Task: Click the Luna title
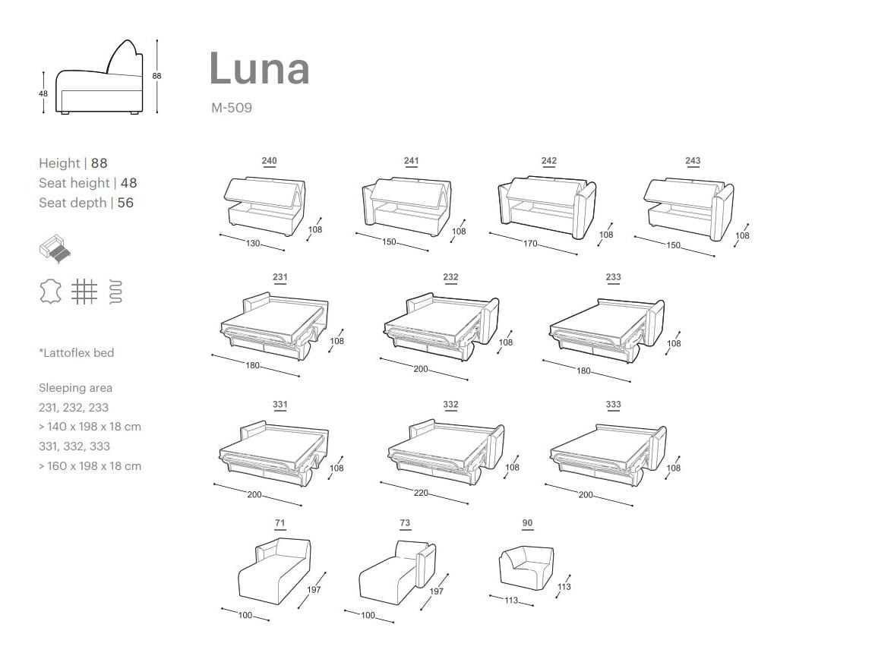(259, 68)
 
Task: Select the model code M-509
(232, 108)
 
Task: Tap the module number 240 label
(269, 161)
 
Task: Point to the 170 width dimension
(530, 244)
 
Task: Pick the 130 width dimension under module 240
(252, 244)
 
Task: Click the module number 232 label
(450, 278)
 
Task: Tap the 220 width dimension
(421, 493)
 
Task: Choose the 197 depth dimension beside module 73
(436, 591)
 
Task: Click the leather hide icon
(50, 291)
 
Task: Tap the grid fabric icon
(84, 291)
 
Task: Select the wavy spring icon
(115, 291)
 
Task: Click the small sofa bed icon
(55, 248)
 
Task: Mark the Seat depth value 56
(125, 203)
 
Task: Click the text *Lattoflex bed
(76, 353)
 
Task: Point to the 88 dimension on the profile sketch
(156, 76)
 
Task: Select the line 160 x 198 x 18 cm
(90, 466)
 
